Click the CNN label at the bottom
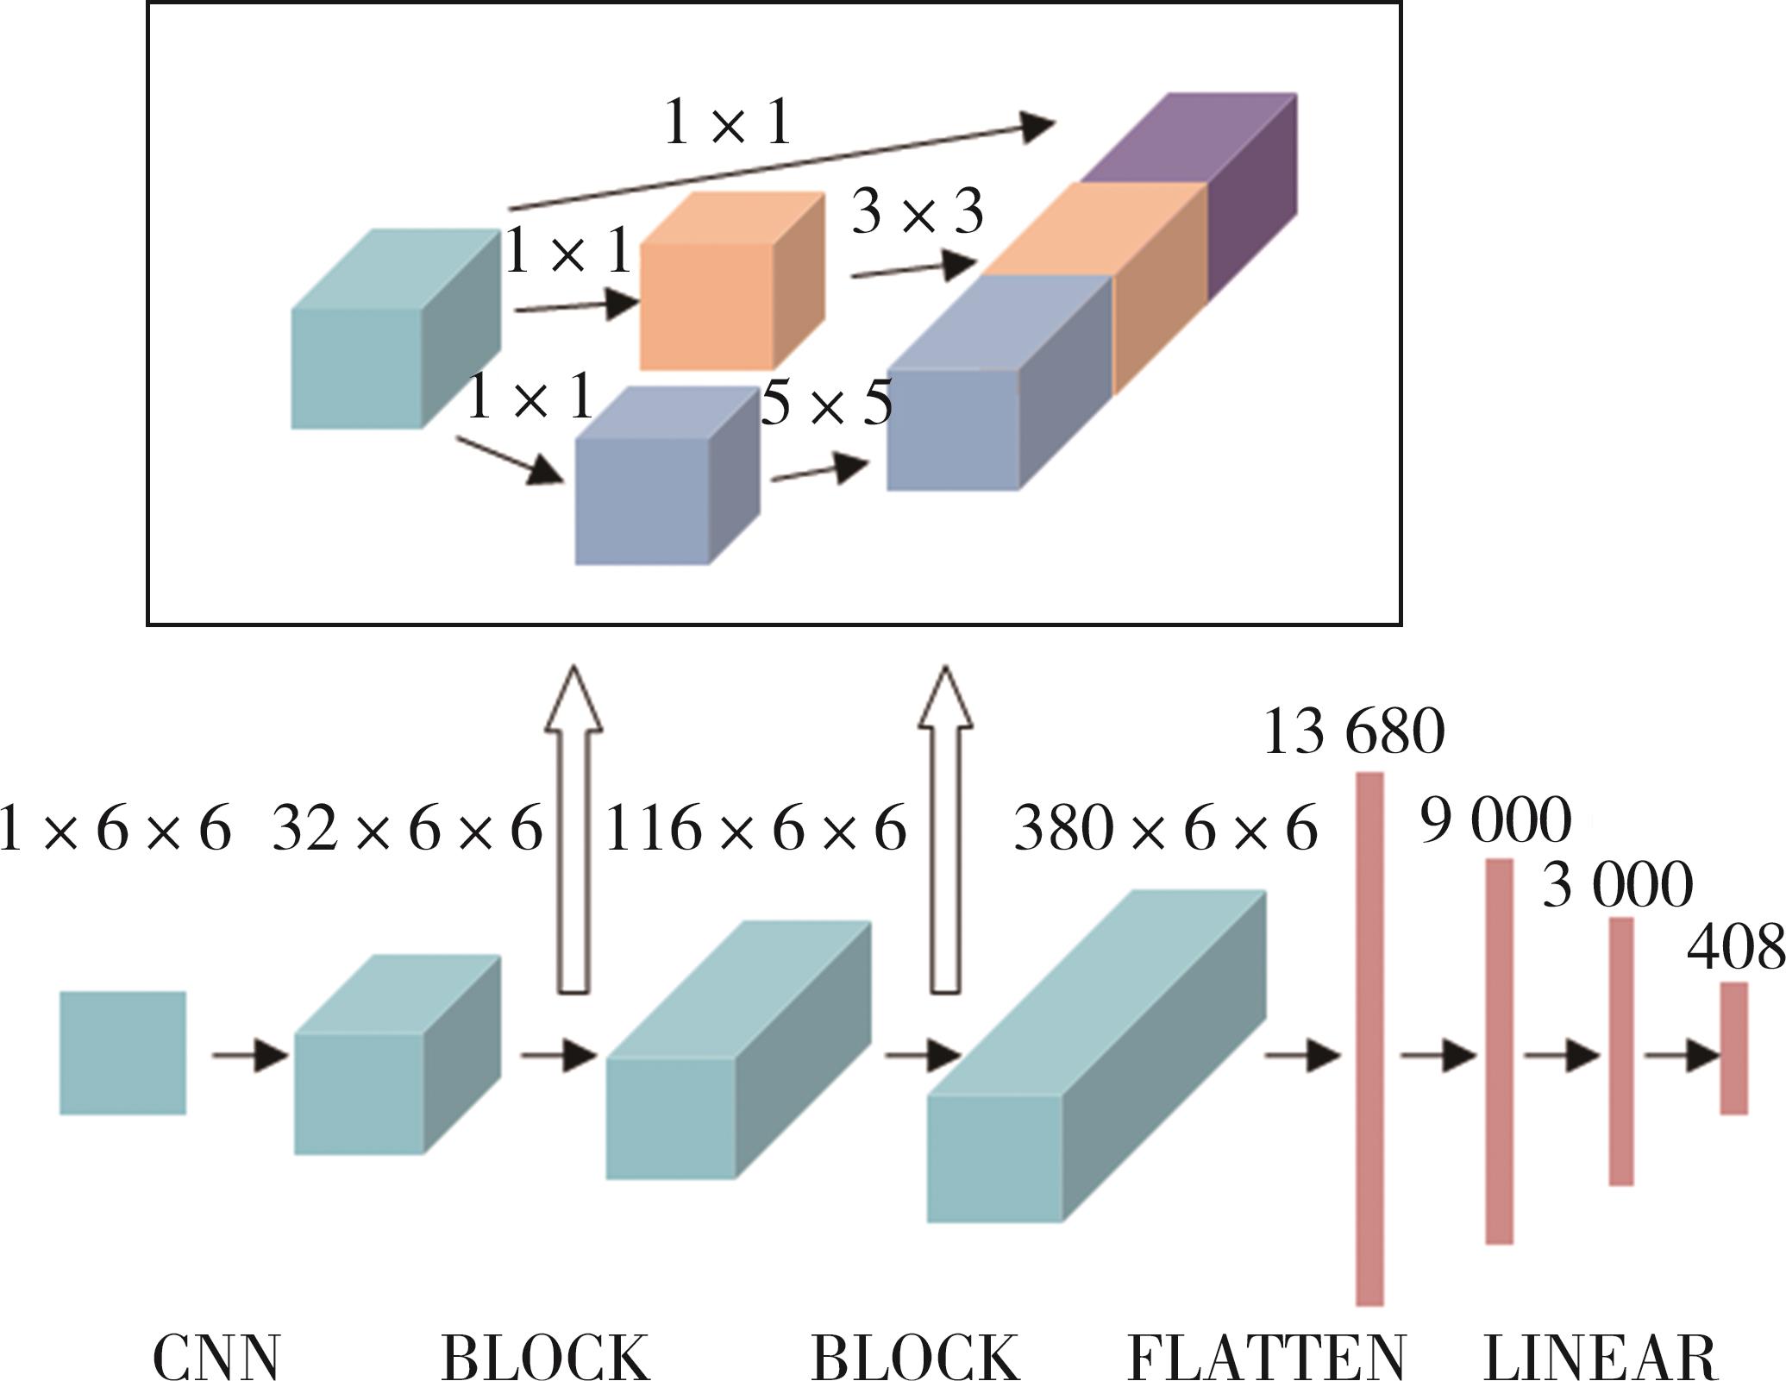tap(216, 1357)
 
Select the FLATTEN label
tap(1267, 1357)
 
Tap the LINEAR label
tap(1601, 1357)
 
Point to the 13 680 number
tap(1354, 732)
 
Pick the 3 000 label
tap(1617, 885)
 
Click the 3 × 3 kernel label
tap(918, 212)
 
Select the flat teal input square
tap(122, 1052)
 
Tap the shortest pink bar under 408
tap(1734, 1047)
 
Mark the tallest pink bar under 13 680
tap(1369, 1039)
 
